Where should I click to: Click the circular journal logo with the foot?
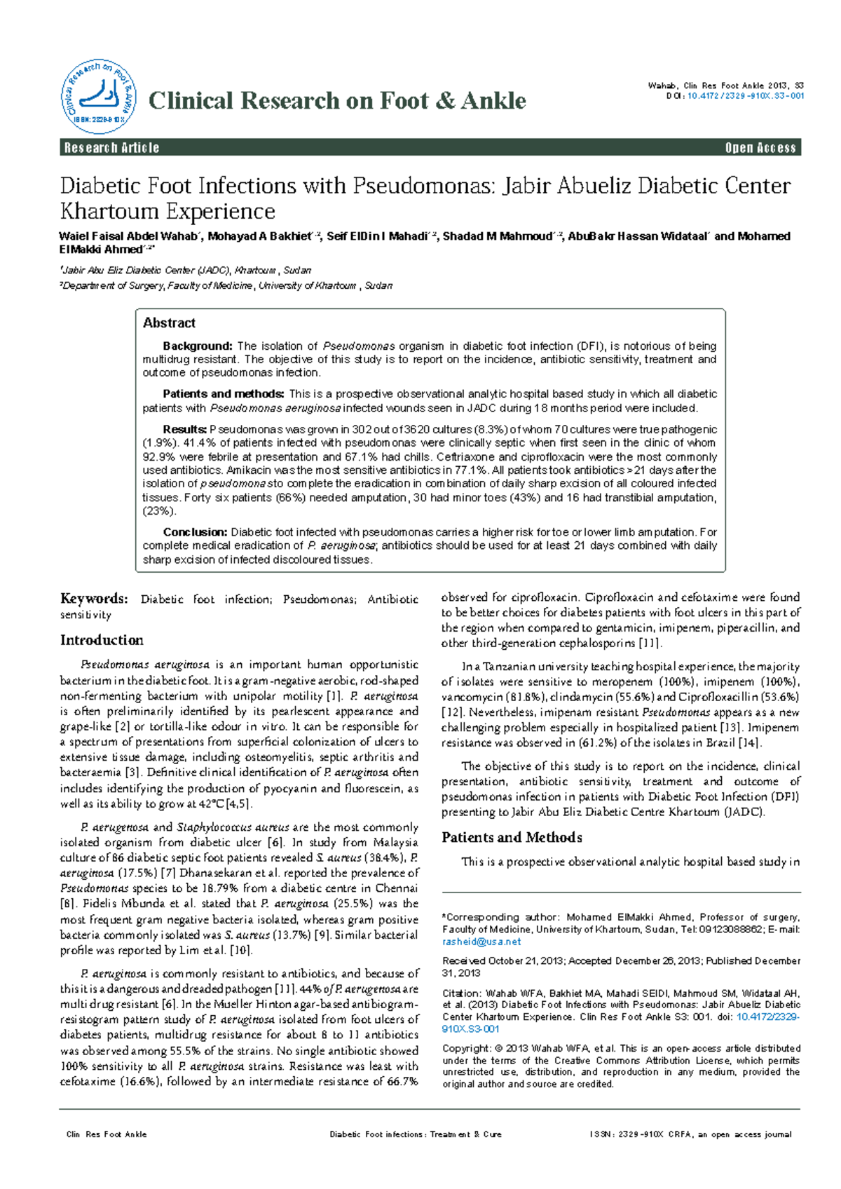(98, 97)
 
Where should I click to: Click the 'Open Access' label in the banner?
(760, 148)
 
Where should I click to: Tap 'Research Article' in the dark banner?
(112, 148)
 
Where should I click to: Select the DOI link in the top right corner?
(745, 96)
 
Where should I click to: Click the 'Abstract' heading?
(169, 323)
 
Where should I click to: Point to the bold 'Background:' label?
(197, 346)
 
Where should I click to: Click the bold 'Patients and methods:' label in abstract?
(223, 394)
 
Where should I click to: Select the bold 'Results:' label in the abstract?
(184, 429)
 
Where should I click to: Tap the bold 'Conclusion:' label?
(195, 532)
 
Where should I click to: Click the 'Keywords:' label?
(94, 599)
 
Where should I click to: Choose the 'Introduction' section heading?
(102, 640)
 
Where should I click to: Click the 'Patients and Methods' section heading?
(512, 838)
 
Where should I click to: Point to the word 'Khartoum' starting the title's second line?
(109, 211)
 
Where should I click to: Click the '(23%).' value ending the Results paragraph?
(159, 511)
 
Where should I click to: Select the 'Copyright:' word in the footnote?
(466, 1048)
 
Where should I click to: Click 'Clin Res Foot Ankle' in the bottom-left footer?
(107, 1134)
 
